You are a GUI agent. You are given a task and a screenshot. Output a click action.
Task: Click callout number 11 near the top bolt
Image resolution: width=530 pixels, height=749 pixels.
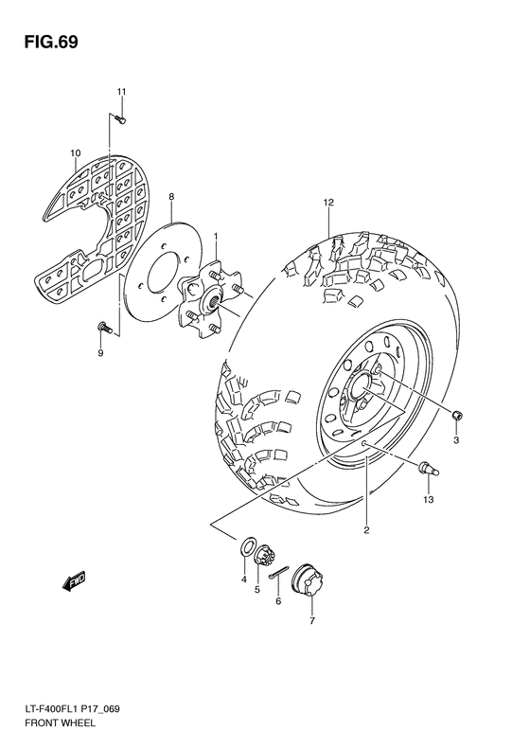(121, 91)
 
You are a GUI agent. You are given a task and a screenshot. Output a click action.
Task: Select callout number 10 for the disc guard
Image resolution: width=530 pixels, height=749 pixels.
(75, 152)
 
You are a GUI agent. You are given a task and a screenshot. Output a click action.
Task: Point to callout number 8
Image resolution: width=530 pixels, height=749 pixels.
(171, 197)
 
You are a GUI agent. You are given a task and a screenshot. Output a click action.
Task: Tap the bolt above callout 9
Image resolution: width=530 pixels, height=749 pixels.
(103, 327)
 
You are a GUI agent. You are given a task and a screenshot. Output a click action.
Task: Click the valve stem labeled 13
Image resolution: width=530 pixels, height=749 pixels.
(426, 465)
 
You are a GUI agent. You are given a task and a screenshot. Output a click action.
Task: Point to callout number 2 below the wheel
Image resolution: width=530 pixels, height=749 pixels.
(366, 530)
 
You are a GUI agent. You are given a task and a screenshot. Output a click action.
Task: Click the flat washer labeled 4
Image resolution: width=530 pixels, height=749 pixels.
(246, 546)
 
